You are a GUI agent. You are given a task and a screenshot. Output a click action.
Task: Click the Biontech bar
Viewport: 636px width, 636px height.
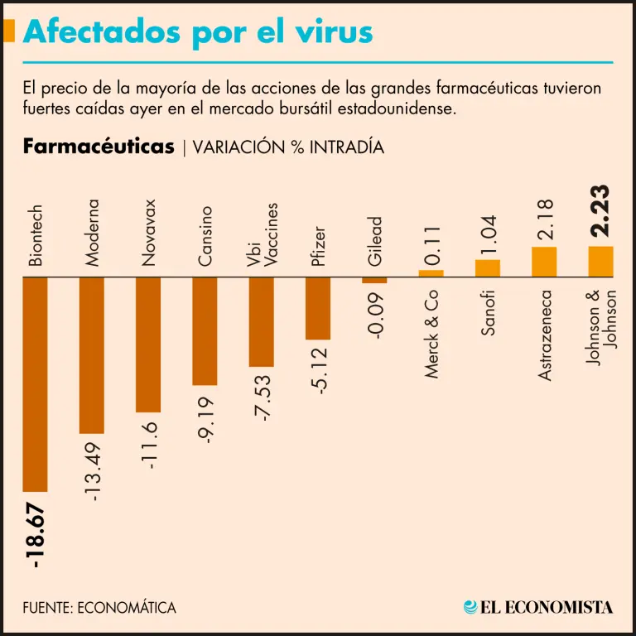(35, 383)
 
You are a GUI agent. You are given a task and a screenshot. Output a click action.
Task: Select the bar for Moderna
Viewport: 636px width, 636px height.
(91, 354)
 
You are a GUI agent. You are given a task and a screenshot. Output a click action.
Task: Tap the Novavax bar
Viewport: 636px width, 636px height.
(148, 344)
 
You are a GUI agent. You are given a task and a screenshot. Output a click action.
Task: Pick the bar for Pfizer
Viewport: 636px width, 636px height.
(318, 308)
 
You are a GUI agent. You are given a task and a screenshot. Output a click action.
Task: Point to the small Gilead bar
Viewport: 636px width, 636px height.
(374, 280)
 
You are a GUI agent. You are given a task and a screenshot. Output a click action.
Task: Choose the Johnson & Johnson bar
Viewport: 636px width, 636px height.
(600, 261)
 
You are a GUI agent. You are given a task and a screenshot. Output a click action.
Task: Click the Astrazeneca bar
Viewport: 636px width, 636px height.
(544, 262)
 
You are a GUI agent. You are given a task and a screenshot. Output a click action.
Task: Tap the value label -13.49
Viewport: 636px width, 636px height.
(93, 470)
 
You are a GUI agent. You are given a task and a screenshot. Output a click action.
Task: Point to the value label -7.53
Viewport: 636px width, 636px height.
(263, 397)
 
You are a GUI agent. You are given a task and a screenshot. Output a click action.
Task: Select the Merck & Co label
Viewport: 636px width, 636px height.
(431, 335)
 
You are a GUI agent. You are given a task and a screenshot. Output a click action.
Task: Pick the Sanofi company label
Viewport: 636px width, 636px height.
(489, 313)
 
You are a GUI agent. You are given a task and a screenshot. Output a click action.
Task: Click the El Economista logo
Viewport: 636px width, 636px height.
(538, 607)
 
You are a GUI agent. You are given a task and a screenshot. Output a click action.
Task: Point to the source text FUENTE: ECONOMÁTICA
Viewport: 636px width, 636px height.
(99, 608)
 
